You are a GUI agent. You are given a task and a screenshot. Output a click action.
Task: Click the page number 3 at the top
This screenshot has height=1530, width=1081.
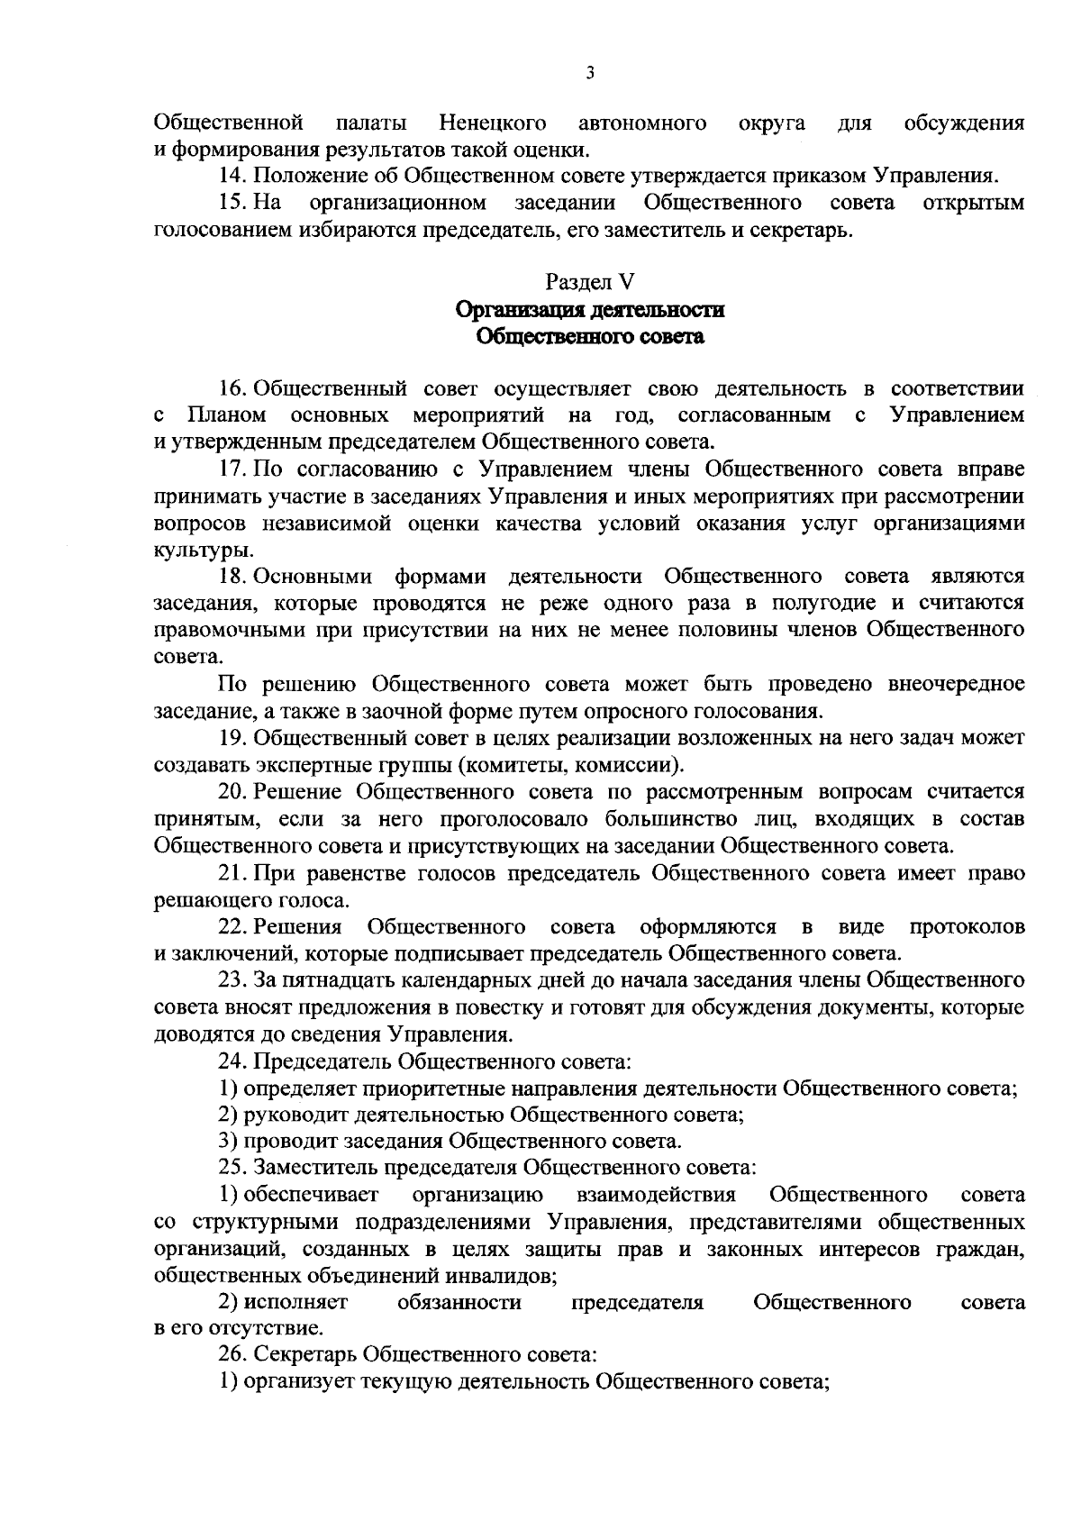[x=589, y=74]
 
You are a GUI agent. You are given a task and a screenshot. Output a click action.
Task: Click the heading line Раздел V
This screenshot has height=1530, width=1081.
[x=590, y=283]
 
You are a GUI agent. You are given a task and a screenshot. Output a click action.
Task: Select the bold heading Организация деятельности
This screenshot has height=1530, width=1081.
[x=590, y=310]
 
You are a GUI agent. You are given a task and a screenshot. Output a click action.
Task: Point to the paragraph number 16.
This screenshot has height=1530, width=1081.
[x=232, y=388]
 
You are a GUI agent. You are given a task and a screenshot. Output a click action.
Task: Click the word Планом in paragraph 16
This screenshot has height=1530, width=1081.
[x=227, y=415]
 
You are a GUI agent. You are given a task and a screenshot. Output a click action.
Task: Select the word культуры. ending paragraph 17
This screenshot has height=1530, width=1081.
[x=191, y=550]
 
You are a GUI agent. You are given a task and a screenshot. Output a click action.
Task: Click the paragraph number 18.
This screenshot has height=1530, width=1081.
[x=232, y=577]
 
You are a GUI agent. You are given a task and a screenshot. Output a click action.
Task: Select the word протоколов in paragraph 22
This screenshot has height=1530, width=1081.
[x=967, y=926]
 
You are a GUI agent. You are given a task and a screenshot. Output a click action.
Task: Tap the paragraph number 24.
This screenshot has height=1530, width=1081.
[x=232, y=1061]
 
